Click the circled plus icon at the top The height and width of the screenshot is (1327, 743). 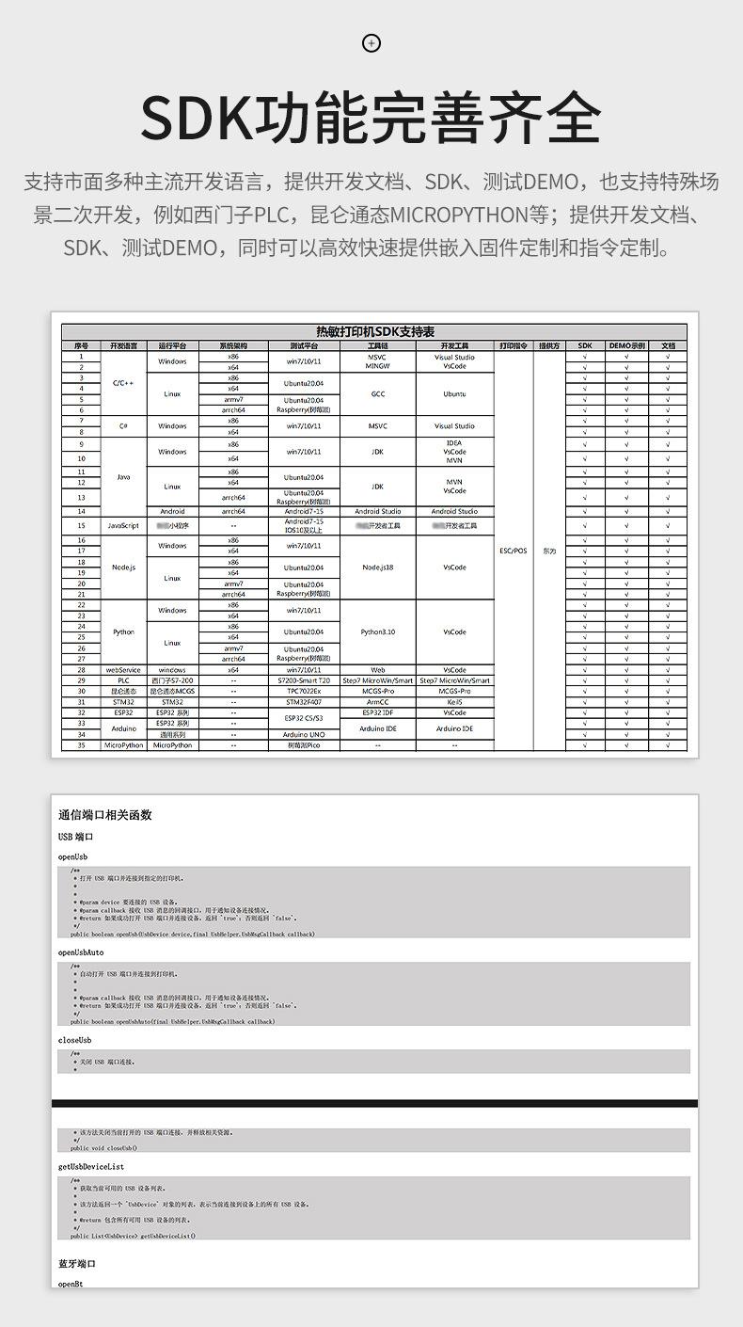point(371,42)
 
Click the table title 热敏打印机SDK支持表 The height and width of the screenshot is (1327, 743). point(374,332)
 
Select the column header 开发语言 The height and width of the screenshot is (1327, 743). point(123,345)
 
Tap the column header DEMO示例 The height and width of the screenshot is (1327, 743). point(626,345)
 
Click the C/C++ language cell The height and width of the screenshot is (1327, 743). point(123,383)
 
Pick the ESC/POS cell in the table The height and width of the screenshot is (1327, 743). point(514,551)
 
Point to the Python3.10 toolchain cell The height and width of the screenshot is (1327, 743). point(378,632)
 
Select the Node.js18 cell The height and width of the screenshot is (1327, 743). point(378,568)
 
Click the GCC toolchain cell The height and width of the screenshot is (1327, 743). point(378,394)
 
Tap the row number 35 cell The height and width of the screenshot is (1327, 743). point(81,744)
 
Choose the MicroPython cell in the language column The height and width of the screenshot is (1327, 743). point(123,744)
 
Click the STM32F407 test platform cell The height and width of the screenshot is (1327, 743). point(304,702)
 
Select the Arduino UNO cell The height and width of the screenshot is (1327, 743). point(304,734)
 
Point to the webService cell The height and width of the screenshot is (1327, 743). point(123,670)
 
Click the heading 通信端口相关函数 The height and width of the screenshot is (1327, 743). point(104,815)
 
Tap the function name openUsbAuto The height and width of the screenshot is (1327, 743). point(81,952)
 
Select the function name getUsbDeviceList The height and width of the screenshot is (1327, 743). point(91,1166)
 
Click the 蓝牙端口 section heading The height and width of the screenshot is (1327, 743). point(77,1264)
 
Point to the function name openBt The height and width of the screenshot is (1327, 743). point(71,1284)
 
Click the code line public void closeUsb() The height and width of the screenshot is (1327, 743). point(103,1148)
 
